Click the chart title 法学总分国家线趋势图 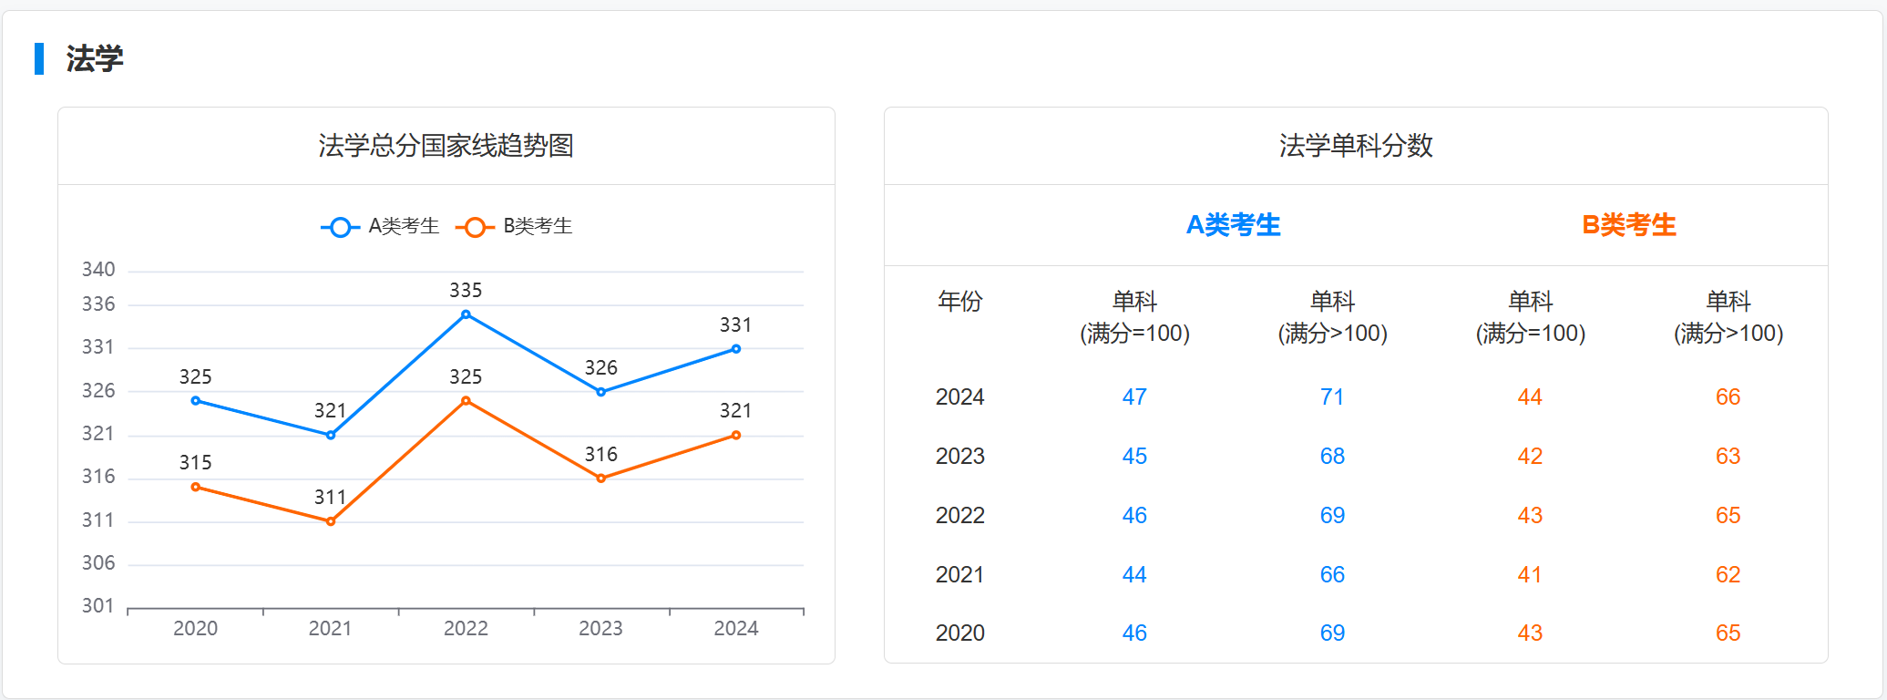click(446, 146)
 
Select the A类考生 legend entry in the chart click(381, 226)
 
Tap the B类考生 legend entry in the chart click(515, 226)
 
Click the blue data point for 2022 click(466, 314)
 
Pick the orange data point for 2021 click(331, 521)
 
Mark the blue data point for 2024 click(736, 349)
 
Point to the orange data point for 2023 click(600, 479)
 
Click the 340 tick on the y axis click(98, 270)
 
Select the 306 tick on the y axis click(98, 563)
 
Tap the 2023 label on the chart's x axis click(600, 629)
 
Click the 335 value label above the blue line click(466, 291)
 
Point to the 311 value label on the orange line click(330, 498)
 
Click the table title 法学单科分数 click(1356, 146)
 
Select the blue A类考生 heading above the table click(1233, 225)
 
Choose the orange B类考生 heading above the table click(1629, 225)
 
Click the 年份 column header click(959, 302)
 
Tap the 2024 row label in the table click(959, 397)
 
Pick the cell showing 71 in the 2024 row click(1332, 397)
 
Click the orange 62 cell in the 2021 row click(1728, 575)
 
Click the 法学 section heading click(94, 59)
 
